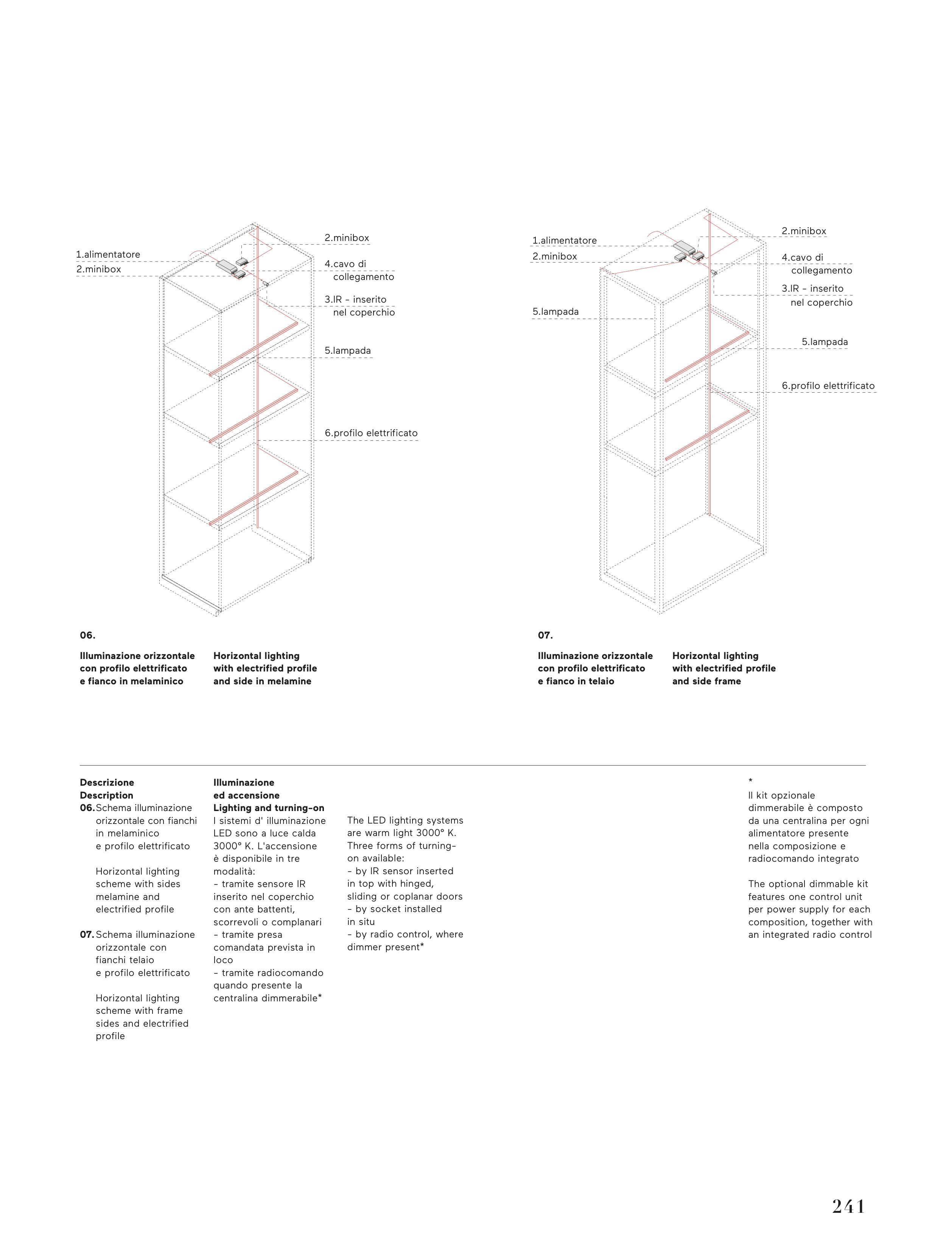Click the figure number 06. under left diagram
(87, 636)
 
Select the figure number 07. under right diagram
(545, 636)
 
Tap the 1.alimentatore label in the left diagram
(108, 254)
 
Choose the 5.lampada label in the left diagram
(347, 351)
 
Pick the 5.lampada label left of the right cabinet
(555, 312)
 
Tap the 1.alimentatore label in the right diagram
(564, 240)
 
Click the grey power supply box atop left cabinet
(226, 265)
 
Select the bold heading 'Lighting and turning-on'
(269, 808)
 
